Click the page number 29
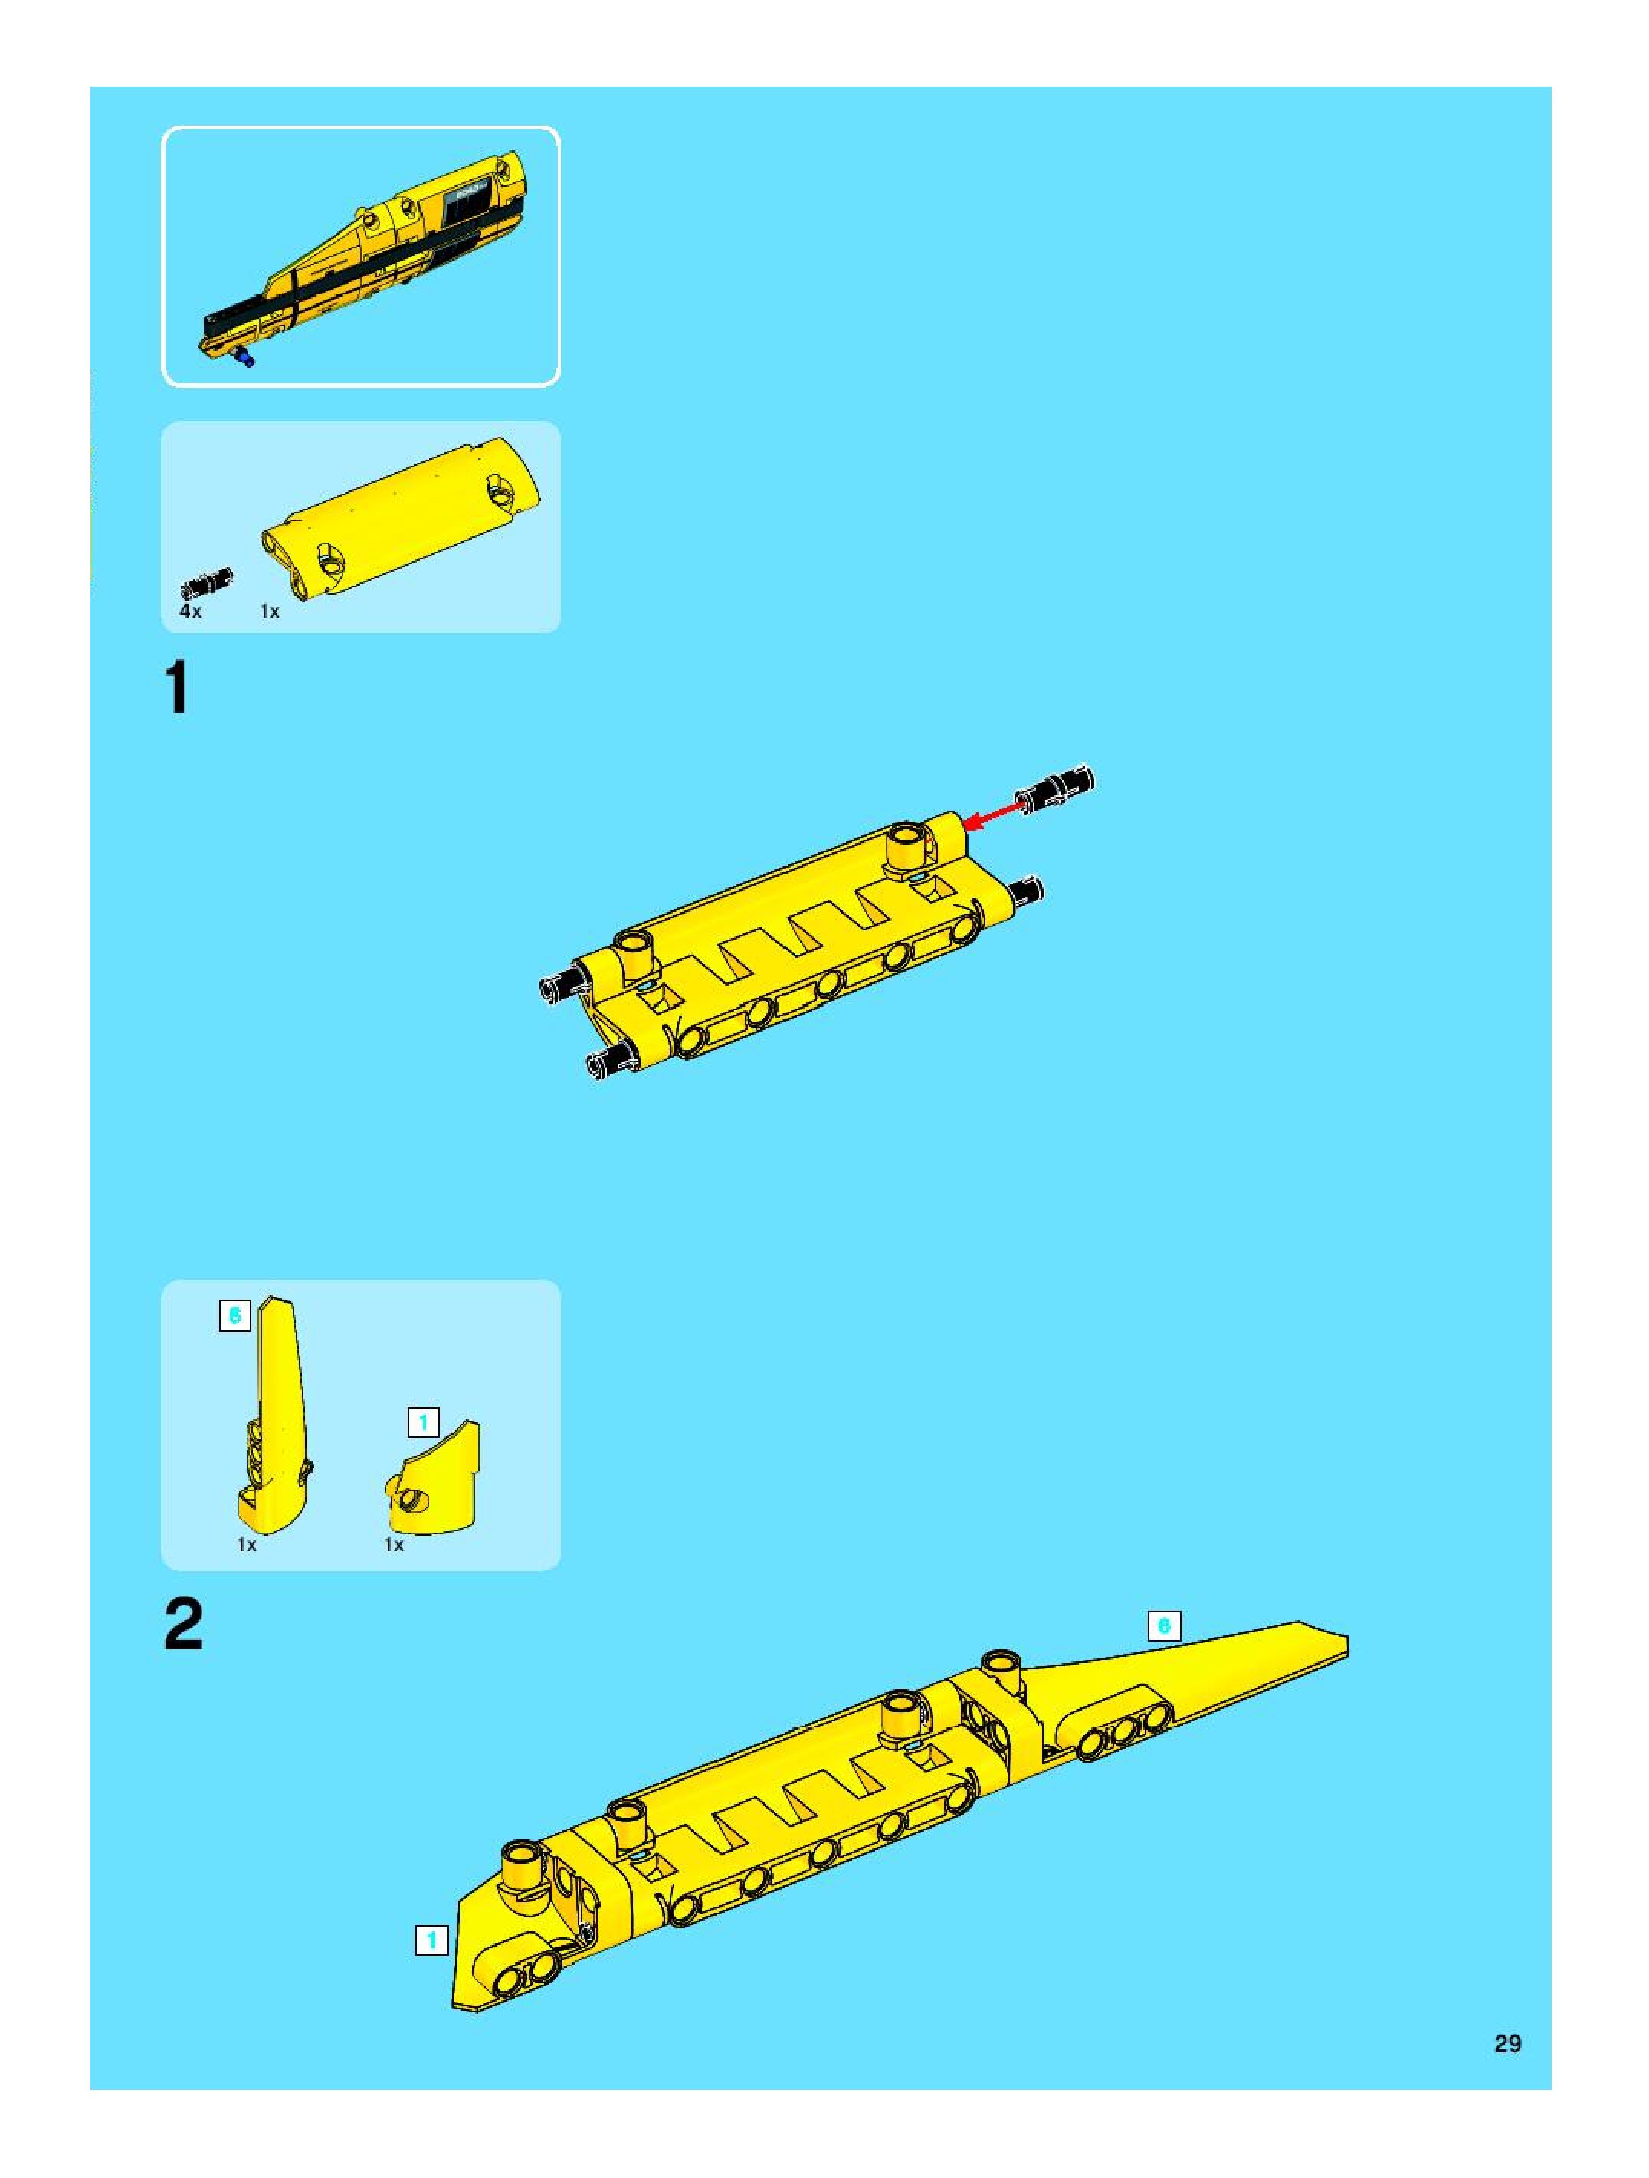[1507, 2044]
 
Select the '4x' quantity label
[190, 612]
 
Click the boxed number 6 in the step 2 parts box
[234, 1316]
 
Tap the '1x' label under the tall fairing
[246, 1545]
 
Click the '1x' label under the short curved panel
[394, 1545]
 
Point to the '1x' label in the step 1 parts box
[270, 612]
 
